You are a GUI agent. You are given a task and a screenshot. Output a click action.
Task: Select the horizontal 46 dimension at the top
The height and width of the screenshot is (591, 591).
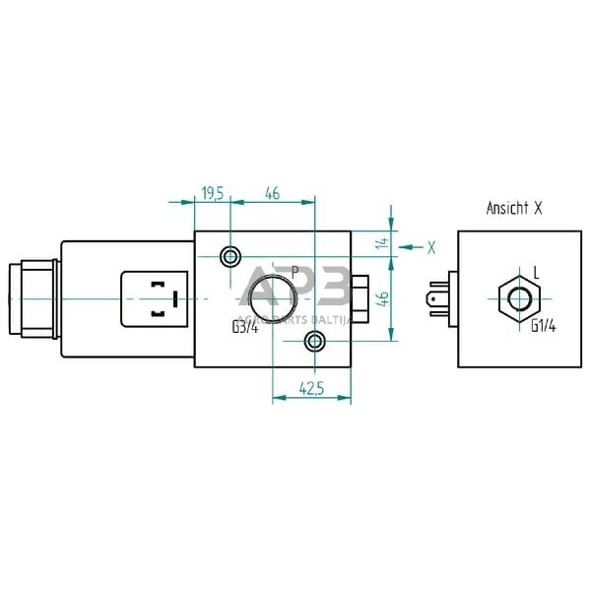click(x=273, y=194)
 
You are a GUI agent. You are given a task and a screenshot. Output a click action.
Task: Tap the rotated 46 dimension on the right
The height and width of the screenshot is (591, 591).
click(x=383, y=295)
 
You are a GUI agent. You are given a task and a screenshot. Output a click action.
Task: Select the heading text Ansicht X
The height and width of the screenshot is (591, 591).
click(x=514, y=208)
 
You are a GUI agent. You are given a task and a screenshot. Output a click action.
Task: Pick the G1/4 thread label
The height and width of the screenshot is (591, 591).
click(x=544, y=327)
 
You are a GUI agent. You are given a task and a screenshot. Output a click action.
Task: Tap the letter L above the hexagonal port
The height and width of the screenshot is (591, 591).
click(x=535, y=270)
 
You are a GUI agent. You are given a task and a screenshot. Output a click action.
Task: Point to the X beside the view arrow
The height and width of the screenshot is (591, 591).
click(x=430, y=246)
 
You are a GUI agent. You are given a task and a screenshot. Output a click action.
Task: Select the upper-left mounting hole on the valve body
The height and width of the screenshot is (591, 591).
click(x=230, y=257)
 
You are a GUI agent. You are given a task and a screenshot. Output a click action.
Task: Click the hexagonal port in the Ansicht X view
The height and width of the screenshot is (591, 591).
click(x=517, y=297)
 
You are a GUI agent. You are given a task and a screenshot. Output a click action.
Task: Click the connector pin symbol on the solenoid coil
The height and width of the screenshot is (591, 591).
click(x=159, y=297)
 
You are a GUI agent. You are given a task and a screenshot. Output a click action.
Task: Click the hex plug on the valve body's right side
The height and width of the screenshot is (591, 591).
click(x=360, y=297)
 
